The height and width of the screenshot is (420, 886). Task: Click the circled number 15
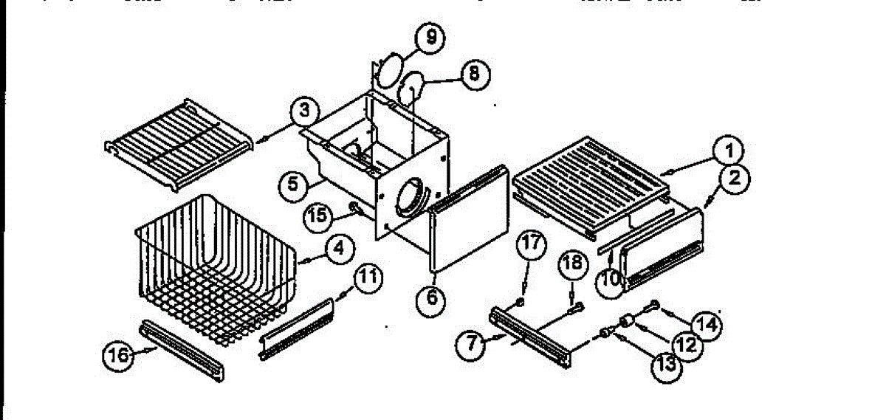pos(318,216)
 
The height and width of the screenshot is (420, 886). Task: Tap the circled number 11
pos(369,278)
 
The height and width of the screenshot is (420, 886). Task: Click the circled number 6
pos(432,298)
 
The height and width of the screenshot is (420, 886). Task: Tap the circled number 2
pos(736,177)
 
